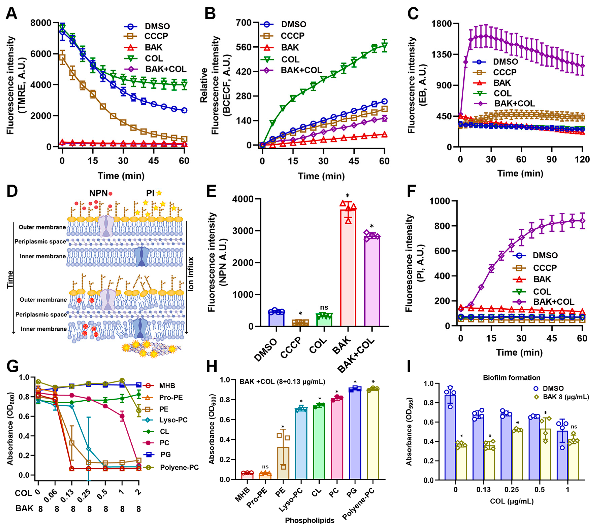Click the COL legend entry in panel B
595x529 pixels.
tap(290, 59)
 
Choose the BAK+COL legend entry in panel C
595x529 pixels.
tap(514, 104)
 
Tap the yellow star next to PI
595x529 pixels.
tap(159, 193)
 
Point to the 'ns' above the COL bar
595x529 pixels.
tap(324, 307)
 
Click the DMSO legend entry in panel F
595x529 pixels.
tap(545, 255)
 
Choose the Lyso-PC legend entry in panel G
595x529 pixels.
tap(173, 420)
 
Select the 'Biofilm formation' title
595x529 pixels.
tap(512, 378)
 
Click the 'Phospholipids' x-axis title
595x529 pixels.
tap(310, 520)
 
